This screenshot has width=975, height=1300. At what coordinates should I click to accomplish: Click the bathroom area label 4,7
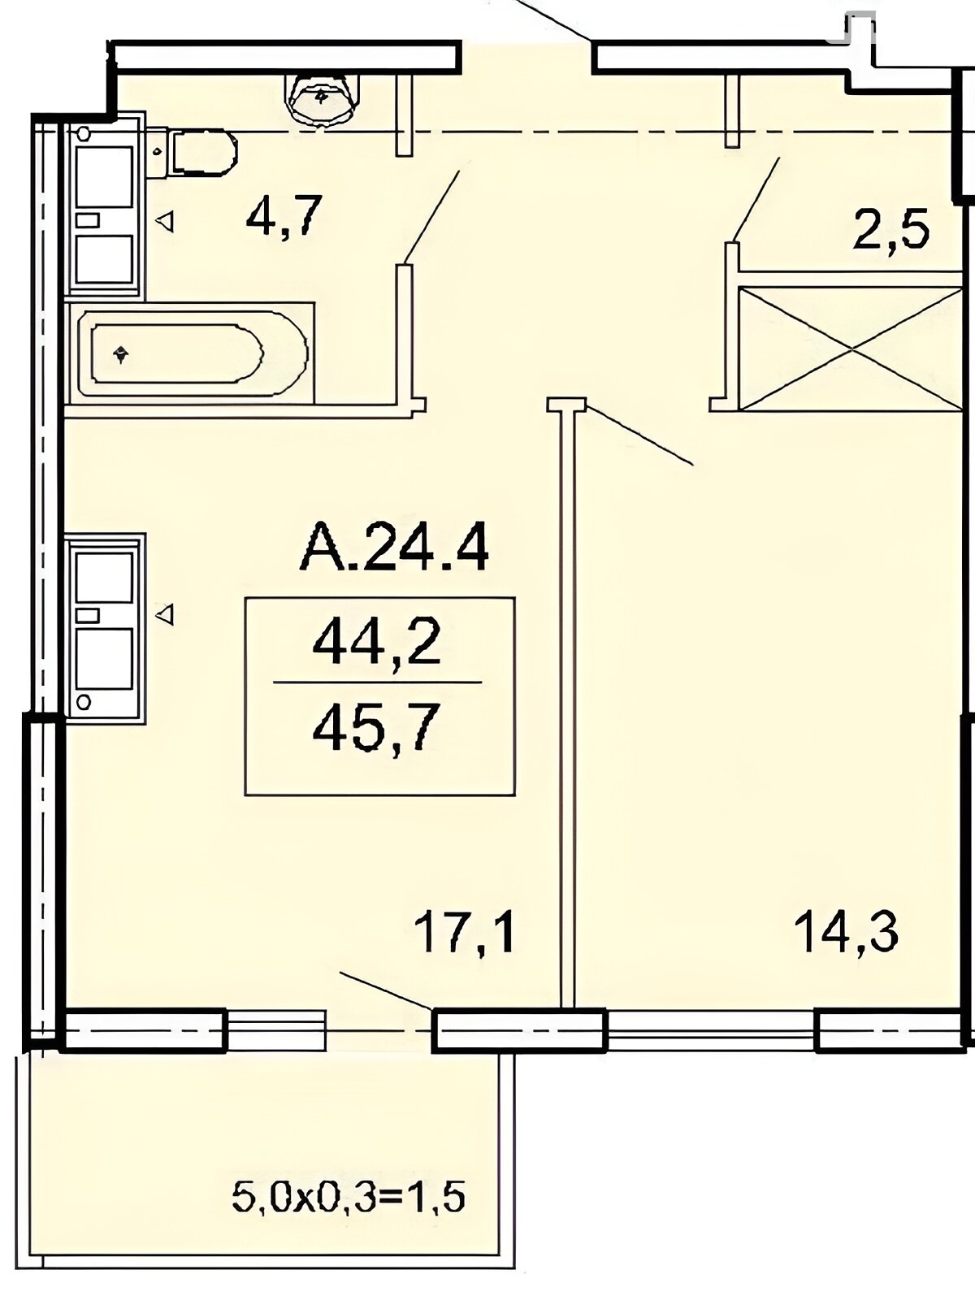[284, 216]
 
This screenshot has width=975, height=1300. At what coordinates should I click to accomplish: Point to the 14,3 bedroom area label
[847, 932]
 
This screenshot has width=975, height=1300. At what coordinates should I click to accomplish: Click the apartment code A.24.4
[394, 546]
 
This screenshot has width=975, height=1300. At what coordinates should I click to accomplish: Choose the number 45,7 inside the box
[377, 730]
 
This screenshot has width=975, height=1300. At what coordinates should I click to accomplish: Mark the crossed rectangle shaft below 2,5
[850, 349]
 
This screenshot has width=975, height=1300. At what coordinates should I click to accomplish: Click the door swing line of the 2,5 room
[756, 200]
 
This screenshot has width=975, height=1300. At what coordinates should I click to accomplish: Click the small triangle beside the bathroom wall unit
[165, 222]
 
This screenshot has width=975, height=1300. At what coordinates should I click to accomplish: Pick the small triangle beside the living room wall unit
[165, 614]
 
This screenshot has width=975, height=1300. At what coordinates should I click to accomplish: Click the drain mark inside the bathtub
[121, 355]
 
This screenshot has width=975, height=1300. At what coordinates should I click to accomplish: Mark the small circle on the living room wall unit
[84, 702]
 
